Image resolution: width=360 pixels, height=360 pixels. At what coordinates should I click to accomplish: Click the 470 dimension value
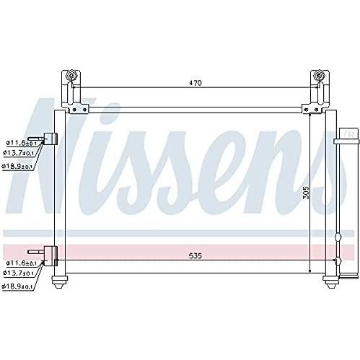[x=195, y=83]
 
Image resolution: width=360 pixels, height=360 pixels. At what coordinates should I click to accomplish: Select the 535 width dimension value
[x=195, y=256]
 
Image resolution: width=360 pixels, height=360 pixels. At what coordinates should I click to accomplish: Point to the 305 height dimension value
[x=305, y=193]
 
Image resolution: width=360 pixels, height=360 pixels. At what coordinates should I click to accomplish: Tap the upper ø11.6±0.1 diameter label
[x=22, y=143]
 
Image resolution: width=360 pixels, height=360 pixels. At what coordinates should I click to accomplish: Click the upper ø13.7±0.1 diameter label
[x=19, y=152]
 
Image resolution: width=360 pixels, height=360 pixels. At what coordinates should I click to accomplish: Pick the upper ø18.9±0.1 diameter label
[x=17, y=166]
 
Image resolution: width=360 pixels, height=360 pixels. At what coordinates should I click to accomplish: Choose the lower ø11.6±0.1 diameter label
[x=22, y=263]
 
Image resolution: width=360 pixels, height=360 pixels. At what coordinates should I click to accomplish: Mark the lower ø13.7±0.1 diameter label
[x=19, y=273]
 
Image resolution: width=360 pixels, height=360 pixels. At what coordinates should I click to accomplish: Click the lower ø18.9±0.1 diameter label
[x=17, y=286]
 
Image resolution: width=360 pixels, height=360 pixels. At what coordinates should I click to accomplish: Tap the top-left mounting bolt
[x=71, y=75]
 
